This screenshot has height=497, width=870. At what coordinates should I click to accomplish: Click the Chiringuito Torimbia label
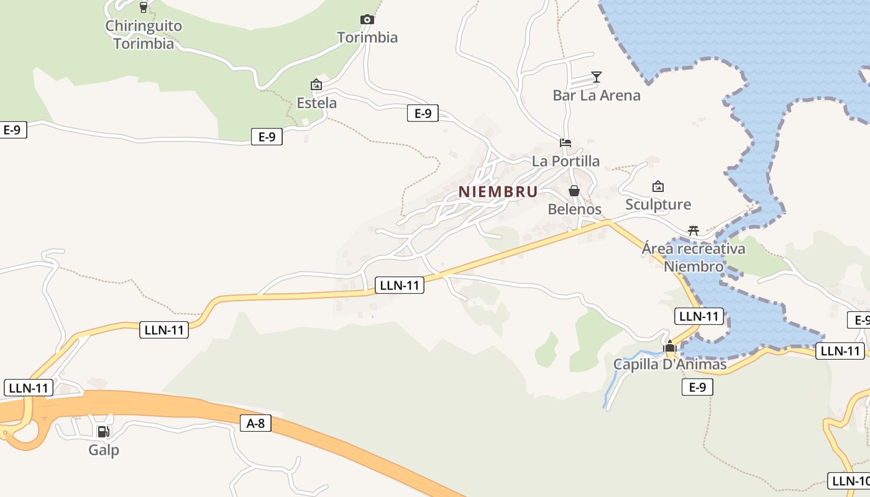pos(144,35)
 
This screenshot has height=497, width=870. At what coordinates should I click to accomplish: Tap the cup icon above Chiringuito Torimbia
pos(144,7)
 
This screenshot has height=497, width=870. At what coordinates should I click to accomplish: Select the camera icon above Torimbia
pos(367,19)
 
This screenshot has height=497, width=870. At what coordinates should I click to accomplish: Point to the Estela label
pos(317,103)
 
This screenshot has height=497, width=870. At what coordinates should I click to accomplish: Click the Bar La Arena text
pos(597,95)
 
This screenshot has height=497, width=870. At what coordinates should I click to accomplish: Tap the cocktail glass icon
pos(597,76)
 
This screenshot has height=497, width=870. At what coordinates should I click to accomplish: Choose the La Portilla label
pos(565,161)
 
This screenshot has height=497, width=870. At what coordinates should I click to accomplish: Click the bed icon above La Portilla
pos(565,143)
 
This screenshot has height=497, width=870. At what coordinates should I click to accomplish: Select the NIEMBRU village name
pos(498,192)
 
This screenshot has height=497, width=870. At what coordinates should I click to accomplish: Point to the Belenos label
pos(574,209)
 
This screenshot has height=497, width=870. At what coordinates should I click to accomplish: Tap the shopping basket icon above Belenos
pos(574,191)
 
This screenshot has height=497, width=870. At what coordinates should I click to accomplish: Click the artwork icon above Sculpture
pos(658,186)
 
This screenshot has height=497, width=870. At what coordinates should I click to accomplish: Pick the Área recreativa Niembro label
pos(694,258)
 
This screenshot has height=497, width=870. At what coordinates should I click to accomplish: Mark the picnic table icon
pos(694,230)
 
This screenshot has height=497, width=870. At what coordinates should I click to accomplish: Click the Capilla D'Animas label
pos(670,364)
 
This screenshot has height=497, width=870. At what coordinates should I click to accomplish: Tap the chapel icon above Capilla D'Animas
pos(670,347)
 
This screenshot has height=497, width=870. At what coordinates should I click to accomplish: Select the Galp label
pos(104,450)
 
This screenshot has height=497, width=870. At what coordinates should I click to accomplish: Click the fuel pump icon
pos(104,431)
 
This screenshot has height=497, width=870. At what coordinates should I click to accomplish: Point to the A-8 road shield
pos(255,424)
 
